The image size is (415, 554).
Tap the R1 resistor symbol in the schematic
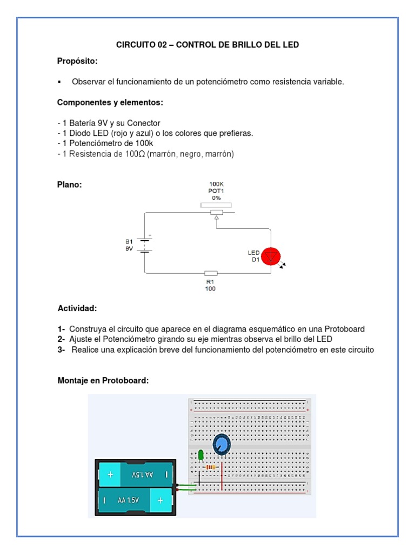(x=211, y=274)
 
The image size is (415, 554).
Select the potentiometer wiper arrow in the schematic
(x=216, y=217)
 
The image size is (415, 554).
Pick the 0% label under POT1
(x=216, y=198)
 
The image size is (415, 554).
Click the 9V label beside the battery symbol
(x=129, y=249)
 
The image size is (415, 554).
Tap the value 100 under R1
(x=210, y=289)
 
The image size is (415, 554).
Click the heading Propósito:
(x=78, y=61)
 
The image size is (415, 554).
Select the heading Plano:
(x=70, y=184)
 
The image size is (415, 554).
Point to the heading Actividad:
(x=77, y=308)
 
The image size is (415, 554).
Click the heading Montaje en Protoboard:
(x=103, y=381)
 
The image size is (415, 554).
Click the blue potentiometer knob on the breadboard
(x=221, y=445)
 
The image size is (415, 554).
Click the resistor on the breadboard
(x=211, y=467)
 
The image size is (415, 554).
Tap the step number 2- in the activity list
(x=62, y=339)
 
